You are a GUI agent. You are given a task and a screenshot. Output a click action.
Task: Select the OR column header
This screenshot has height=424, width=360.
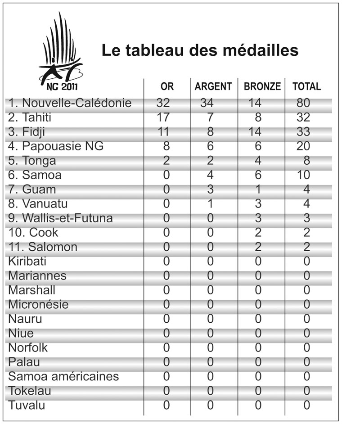(x=167, y=86)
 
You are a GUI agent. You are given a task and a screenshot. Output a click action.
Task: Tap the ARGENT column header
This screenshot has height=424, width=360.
(x=213, y=86)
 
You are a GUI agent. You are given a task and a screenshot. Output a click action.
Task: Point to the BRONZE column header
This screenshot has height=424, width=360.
(x=262, y=86)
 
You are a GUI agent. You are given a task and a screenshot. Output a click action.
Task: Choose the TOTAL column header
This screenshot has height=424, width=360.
(x=307, y=86)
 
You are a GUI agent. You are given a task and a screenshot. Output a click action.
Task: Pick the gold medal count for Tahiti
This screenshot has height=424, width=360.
(x=163, y=117)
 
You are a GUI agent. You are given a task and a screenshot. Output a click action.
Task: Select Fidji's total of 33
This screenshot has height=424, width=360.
(x=304, y=131)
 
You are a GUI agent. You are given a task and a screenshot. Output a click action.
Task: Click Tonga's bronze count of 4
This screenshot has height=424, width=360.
(x=258, y=160)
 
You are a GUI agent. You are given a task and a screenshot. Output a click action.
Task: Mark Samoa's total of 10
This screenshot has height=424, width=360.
(x=304, y=175)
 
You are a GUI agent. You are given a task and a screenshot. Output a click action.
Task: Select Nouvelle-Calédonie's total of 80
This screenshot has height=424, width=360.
(x=304, y=103)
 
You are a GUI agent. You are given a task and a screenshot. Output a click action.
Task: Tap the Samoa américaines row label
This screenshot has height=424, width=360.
(x=63, y=376)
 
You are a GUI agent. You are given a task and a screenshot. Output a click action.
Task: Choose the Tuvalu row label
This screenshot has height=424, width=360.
(x=27, y=405)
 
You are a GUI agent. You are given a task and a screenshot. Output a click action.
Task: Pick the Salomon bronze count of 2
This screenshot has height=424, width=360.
(x=258, y=247)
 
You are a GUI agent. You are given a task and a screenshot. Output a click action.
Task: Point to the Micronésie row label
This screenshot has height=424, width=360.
(x=39, y=304)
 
